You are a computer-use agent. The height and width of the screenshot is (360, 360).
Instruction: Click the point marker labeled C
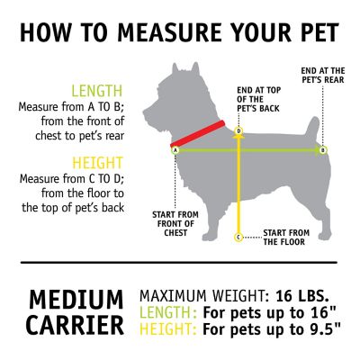coord(238,238)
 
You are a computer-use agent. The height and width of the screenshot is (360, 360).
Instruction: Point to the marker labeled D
coord(238,131)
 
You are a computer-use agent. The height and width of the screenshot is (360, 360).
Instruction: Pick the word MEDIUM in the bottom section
coord(76,299)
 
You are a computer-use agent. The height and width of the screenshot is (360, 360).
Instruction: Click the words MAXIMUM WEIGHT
coord(202,296)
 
